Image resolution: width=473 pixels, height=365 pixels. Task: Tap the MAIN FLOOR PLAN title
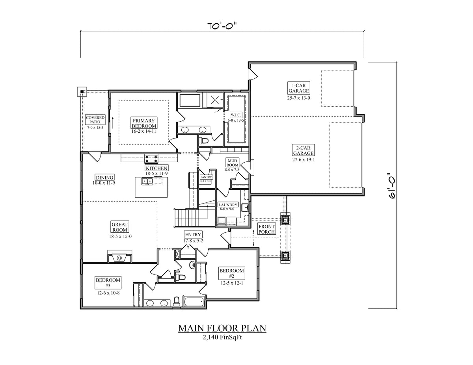coord(222,328)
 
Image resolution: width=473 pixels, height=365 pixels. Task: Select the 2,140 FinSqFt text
coord(222,337)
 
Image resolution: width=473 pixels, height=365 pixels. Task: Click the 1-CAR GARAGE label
coord(298,88)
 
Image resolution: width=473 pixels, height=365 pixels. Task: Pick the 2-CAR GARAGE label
coord(303,150)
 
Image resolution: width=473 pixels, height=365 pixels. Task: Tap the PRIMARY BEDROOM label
coord(144,123)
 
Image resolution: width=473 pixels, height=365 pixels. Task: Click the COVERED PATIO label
coord(95,120)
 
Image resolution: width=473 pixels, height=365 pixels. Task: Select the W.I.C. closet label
coord(236,115)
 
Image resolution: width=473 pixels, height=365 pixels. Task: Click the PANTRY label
coord(206,177)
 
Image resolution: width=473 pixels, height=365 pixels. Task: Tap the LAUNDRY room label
coord(228,205)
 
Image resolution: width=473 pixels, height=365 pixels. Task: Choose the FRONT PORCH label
coord(266,229)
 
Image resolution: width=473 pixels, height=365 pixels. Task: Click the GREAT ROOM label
coord(119,227)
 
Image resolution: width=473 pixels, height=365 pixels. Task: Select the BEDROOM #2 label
coord(231,273)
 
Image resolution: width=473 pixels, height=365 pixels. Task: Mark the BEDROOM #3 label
coord(108,283)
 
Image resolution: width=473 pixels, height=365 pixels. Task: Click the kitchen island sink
coord(147,181)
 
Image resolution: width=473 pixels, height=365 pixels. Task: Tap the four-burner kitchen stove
coord(152,159)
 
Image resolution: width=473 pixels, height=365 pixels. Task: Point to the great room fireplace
coord(119,258)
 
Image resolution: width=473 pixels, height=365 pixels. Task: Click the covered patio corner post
coord(82,92)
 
